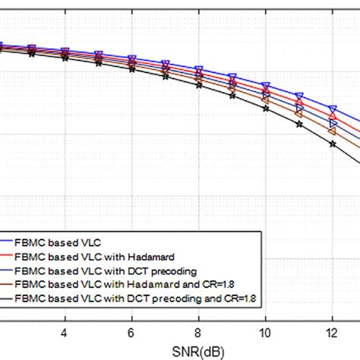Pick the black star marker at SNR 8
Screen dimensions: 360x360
198,86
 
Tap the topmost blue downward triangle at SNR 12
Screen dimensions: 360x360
332,109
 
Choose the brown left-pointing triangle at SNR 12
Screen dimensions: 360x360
332,131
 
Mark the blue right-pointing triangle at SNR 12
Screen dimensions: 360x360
332,122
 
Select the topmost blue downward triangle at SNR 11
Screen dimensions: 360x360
298,96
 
